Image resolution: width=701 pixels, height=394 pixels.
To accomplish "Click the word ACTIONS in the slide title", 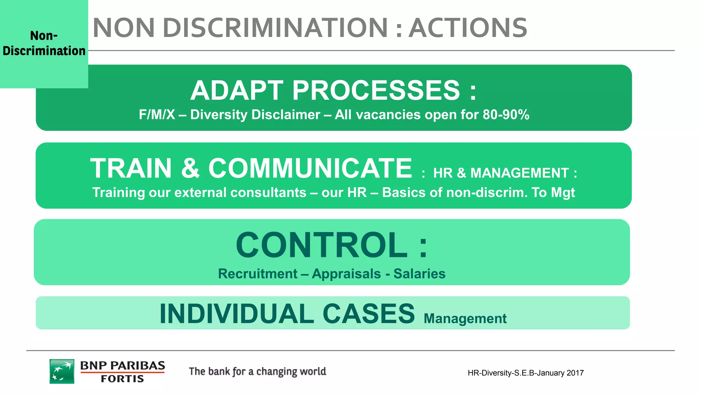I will tap(468, 28).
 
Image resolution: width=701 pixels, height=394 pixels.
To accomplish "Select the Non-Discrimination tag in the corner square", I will tap(44, 43).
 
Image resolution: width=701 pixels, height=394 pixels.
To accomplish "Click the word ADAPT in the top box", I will tap(237, 91).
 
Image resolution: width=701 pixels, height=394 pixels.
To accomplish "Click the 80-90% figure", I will tap(506, 115).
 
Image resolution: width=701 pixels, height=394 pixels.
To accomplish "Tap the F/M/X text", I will tap(156, 115).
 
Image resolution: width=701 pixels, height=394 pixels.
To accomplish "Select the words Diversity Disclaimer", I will tap(255, 115).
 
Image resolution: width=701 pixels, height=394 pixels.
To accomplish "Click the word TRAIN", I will tap(131, 168).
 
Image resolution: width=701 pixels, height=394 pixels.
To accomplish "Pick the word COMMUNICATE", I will tap(310, 168).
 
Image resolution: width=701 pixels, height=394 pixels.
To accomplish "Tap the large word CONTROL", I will tap(322, 245).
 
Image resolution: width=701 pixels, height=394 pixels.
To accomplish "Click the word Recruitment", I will tap(258, 274).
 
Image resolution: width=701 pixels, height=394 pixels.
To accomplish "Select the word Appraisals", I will tap(346, 274).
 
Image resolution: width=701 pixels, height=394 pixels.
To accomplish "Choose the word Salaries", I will tap(419, 274).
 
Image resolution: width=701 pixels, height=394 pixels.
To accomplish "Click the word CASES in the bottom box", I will tap(369, 314).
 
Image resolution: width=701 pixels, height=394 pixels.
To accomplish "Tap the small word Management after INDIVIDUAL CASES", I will tap(465, 319).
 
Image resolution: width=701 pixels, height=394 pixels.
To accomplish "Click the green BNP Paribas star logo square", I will tap(62, 371).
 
